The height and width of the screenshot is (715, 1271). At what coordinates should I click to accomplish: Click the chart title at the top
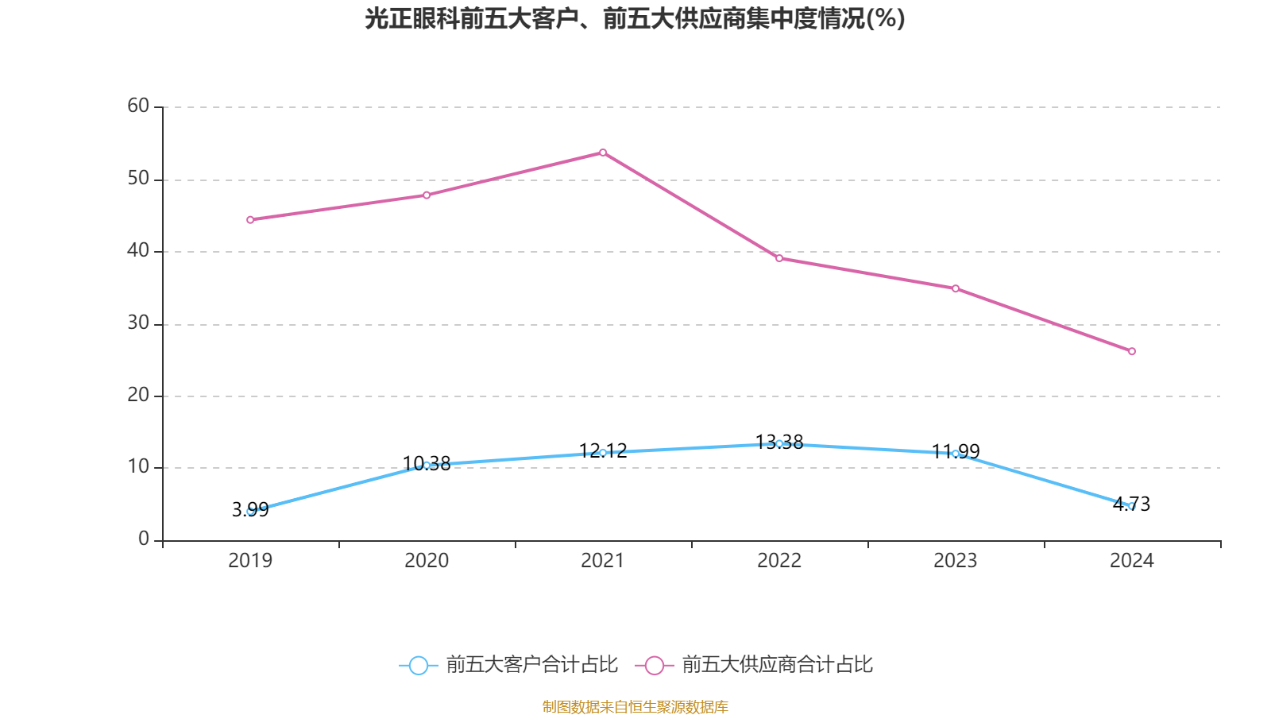[x=635, y=18]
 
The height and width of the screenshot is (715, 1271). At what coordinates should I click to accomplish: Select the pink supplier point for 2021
[x=603, y=153]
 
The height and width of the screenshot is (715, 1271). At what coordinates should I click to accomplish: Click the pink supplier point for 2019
[x=250, y=219]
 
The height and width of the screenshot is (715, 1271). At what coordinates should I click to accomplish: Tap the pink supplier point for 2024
[x=1132, y=351]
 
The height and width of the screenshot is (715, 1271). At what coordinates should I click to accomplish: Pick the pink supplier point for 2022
[x=779, y=258]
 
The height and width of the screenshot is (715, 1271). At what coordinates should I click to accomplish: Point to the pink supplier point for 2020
[x=427, y=195]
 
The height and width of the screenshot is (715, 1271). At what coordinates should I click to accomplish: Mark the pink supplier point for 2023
[x=956, y=288]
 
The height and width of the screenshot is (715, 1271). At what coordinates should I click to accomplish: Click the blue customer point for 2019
[x=250, y=511]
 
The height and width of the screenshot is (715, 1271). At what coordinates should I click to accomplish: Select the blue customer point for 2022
[x=779, y=443]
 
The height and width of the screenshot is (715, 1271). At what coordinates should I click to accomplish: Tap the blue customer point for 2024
[x=1132, y=506]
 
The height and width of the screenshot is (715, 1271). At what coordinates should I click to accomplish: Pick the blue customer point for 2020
[x=427, y=465]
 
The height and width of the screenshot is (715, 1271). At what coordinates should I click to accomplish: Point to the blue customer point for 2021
[x=603, y=453]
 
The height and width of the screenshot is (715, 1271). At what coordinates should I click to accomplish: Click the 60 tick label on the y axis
[x=138, y=106]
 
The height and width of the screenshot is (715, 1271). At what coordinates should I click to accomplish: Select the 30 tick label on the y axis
[x=138, y=323]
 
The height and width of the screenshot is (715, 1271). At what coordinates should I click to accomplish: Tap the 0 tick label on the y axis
[x=144, y=539]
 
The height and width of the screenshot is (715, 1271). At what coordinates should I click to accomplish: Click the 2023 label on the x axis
[x=956, y=561]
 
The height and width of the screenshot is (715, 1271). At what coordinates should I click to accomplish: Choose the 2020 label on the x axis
[x=427, y=561]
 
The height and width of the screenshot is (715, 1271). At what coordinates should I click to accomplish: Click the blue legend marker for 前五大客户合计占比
[x=419, y=665]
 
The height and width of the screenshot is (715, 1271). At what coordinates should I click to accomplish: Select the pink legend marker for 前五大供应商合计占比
[x=655, y=665]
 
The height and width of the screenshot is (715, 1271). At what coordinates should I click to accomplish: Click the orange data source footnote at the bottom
[x=635, y=706]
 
